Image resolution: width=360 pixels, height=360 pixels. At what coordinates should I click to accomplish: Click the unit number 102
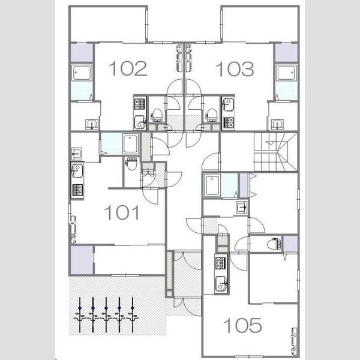[x=128, y=68]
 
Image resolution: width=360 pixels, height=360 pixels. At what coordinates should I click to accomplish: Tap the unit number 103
[x=235, y=69]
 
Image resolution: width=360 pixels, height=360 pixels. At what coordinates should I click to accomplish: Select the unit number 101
[x=122, y=212]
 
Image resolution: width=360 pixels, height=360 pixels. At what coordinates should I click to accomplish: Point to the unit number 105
[x=242, y=325]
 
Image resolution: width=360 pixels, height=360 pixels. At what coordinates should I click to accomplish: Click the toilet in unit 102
[x=157, y=115]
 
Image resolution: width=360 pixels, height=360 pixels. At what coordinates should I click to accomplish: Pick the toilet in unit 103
[x=211, y=115]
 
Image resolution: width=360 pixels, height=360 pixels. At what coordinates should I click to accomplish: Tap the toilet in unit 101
[x=131, y=163]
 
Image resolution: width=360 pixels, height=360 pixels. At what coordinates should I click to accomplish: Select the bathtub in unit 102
[x=82, y=73]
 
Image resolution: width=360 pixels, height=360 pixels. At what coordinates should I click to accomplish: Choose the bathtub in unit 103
[x=286, y=73]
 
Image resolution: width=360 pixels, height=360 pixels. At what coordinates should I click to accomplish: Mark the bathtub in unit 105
[x=212, y=185]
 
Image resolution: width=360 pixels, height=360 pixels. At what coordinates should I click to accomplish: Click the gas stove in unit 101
[x=77, y=190]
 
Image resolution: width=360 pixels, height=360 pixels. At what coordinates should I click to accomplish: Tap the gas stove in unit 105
[x=221, y=263]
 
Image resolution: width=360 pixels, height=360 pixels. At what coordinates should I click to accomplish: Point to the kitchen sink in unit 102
[x=139, y=122]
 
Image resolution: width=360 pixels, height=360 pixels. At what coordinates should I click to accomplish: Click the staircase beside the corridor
[x=276, y=152]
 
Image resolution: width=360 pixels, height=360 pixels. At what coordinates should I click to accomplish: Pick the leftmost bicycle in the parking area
[x=80, y=315]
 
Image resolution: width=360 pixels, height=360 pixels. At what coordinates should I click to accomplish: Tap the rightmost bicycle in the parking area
[x=133, y=315]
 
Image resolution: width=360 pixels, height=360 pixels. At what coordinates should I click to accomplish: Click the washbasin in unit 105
[x=242, y=208]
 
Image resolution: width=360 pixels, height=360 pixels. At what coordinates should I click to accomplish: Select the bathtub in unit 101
[x=130, y=144]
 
